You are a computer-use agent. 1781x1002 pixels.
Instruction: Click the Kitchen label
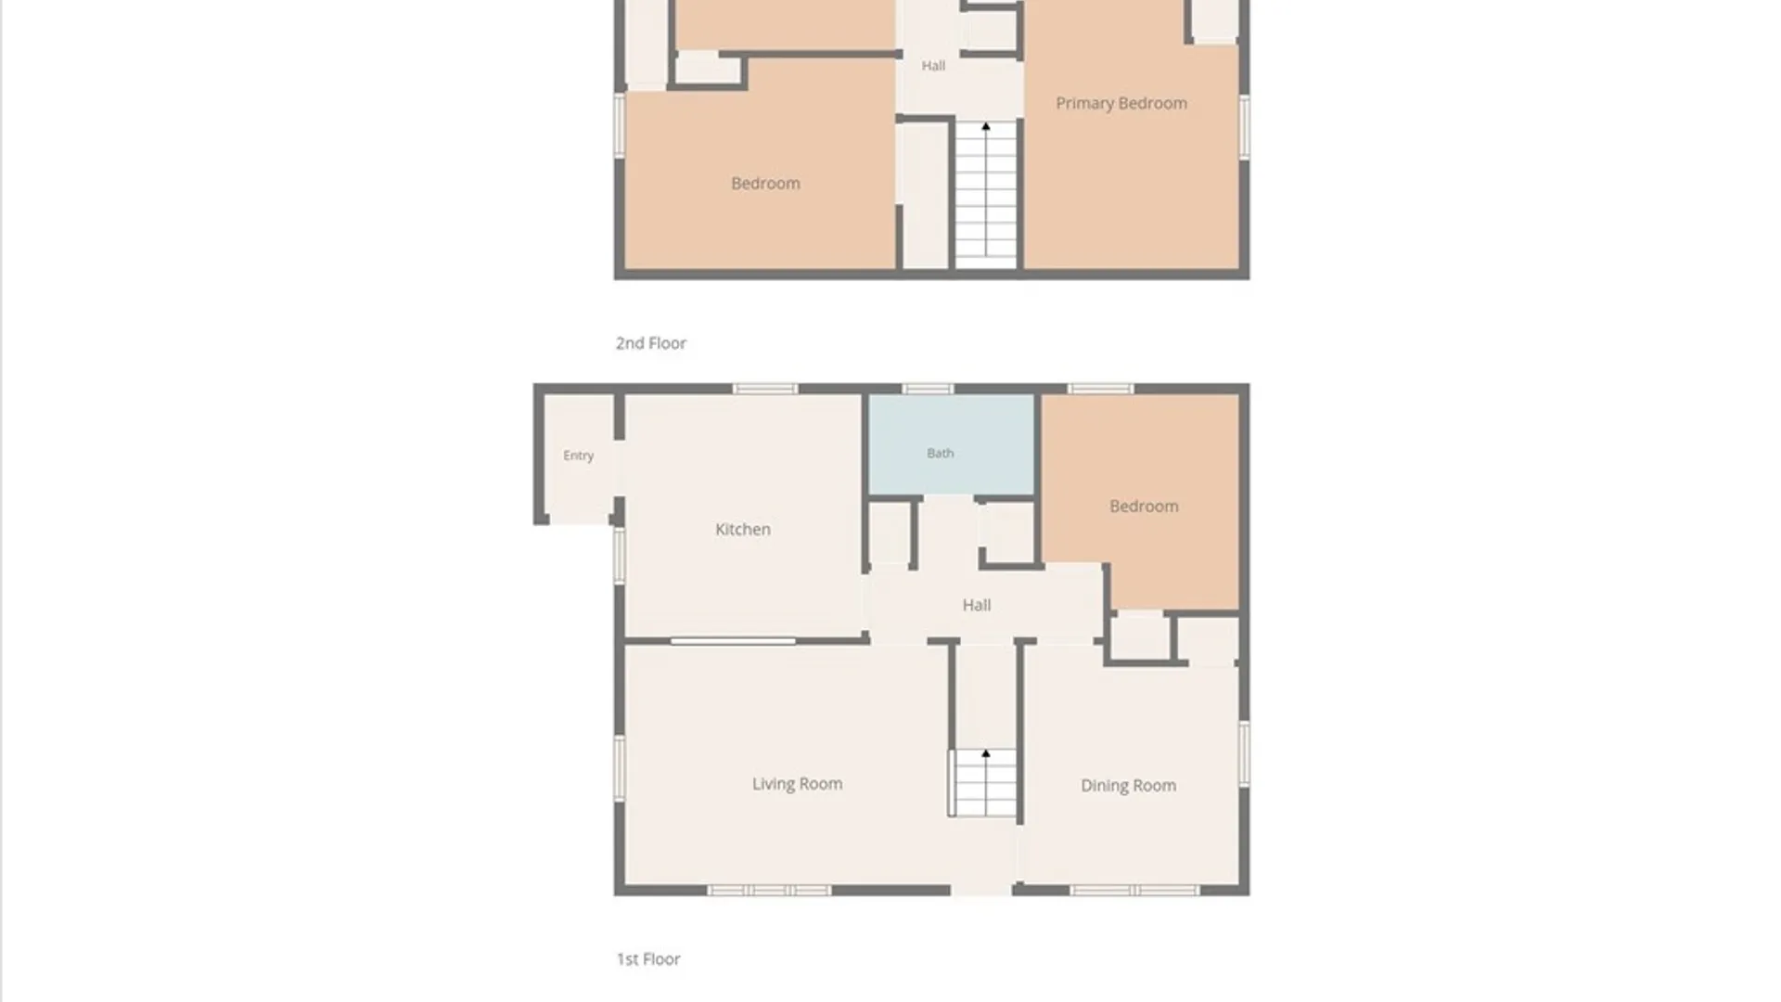click(x=742, y=529)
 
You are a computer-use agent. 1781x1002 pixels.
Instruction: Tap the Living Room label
click(x=797, y=784)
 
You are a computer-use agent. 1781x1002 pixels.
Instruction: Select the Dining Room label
click(x=1128, y=786)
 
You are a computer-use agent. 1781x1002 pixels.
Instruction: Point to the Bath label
click(x=940, y=453)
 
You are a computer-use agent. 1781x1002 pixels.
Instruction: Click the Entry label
click(x=578, y=456)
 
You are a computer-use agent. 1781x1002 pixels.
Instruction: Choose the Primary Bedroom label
click(x=1121, y=103)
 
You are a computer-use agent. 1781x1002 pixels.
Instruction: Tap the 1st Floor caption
click(x=648, y=958)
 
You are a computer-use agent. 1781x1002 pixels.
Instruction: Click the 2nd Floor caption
click(x=650, y=343)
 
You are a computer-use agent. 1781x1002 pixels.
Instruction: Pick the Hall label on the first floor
click(x=976, y=605)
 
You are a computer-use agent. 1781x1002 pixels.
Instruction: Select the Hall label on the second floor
click(x=933, y=65)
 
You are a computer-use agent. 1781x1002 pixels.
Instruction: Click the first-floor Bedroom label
click(x=1144, y=506)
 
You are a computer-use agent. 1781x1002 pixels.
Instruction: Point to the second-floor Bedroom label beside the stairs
click(x=765, y=183)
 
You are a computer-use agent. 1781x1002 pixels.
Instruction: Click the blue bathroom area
click(x=951, y=444)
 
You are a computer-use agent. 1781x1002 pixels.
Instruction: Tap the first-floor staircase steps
click(x=985, y=783)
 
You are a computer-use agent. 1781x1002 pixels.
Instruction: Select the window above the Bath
click(x=928, y=389)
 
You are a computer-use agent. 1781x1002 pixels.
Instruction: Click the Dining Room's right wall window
click(x=1244, y=753)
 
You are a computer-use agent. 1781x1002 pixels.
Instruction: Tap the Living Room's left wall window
click(x=620, y=767)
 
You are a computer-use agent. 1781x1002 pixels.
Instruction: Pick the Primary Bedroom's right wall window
click(x=1244, y=127)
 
